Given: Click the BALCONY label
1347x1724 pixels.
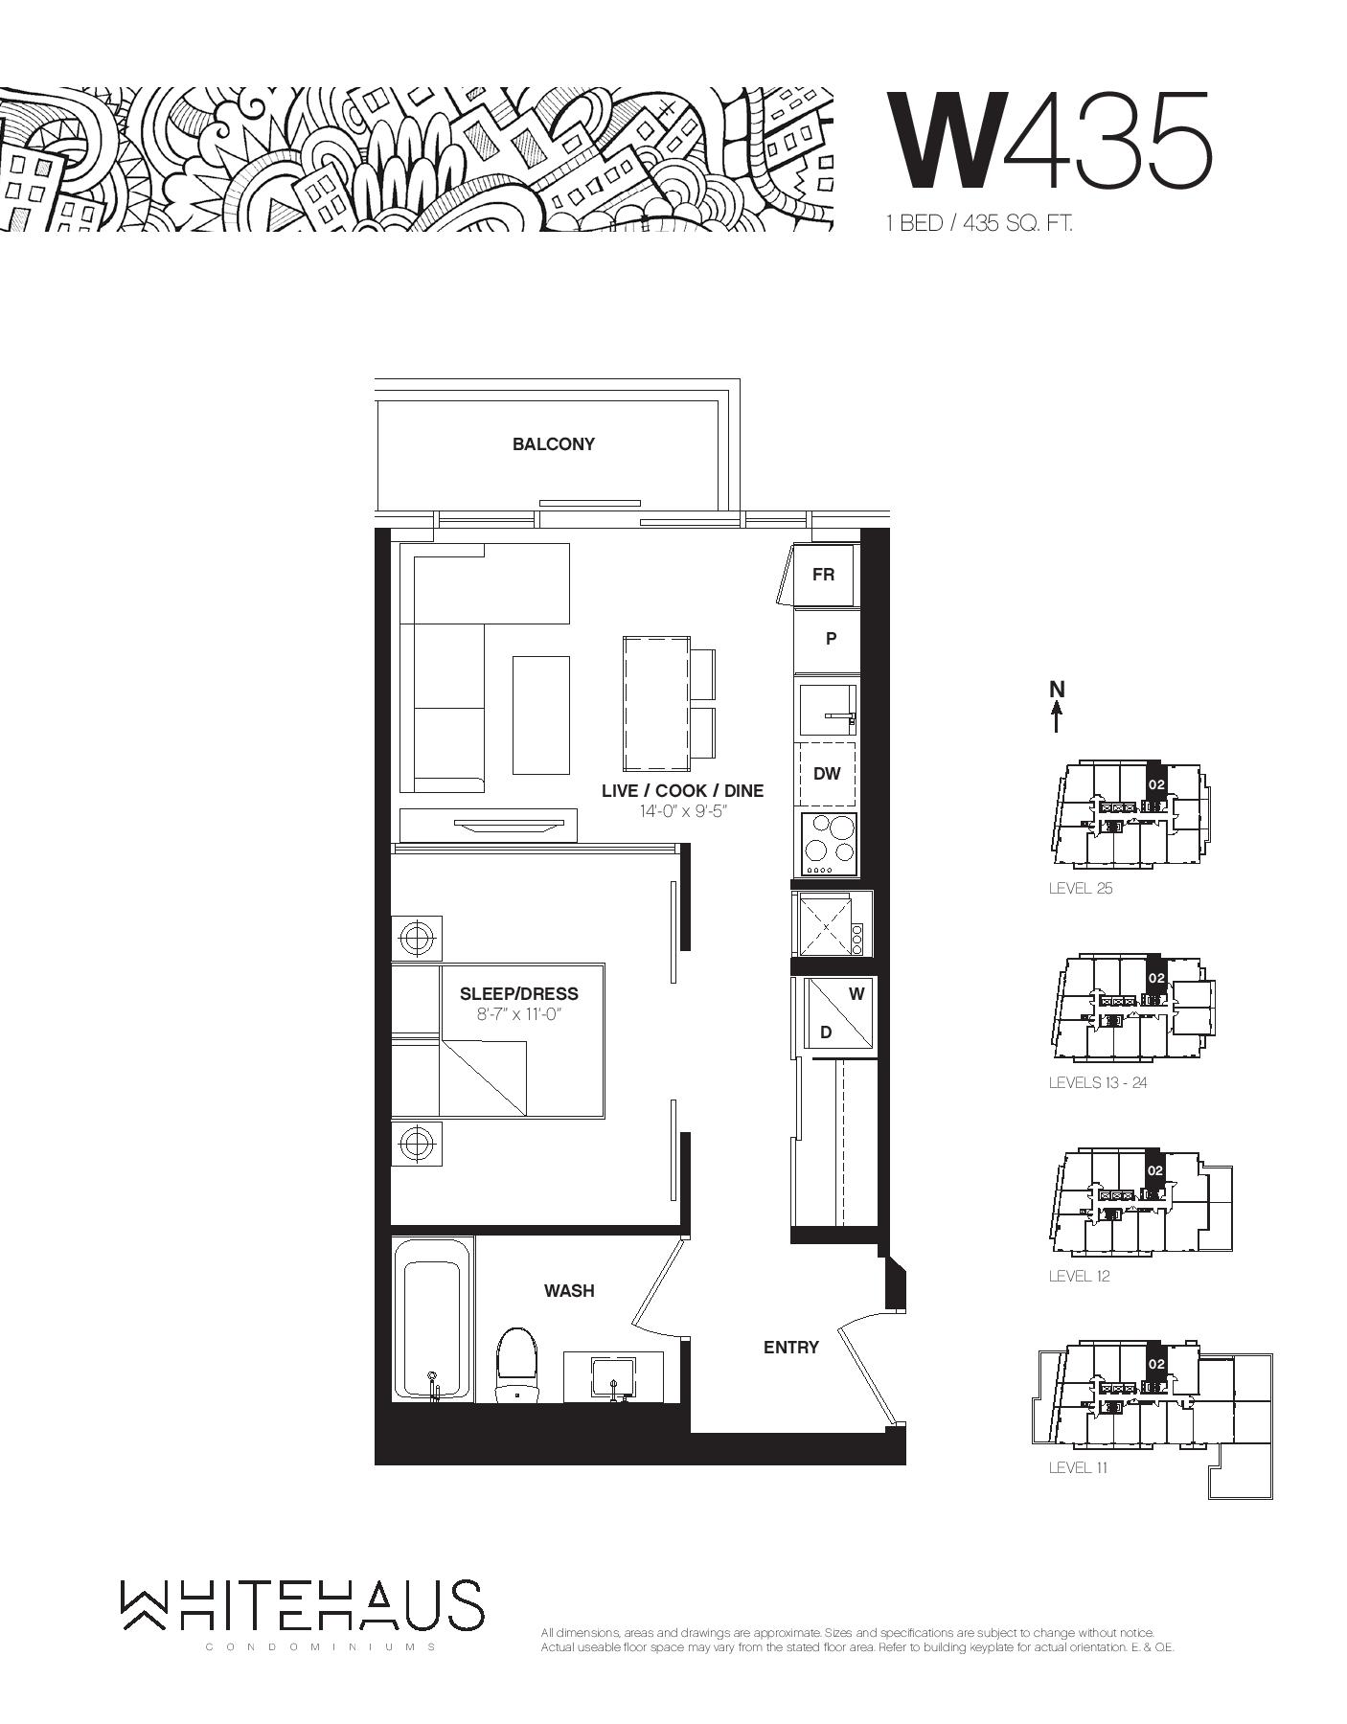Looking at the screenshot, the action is tap(553, 444).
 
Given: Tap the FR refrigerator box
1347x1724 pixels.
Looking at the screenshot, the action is tap(823, 575).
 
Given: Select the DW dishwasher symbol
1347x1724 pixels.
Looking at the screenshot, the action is tap(826, 774).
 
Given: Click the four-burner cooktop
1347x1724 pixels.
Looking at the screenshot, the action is tap(829, 843).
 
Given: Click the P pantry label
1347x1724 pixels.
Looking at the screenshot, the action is tap(831, 639).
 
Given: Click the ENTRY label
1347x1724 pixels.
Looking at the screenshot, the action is tap(790, 1348).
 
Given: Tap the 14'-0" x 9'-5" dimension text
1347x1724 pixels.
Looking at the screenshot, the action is tap(682, 811).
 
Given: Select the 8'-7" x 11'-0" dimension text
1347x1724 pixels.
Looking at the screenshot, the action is tap(518, 1014).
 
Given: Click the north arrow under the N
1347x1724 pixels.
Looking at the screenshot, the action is tap(1057, 716).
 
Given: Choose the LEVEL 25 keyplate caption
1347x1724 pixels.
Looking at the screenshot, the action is tap(1081, 888).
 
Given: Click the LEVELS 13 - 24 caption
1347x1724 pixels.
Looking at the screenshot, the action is tap(1097, 1082).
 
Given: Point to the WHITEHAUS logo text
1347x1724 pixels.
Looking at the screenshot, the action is tap(302, 1604).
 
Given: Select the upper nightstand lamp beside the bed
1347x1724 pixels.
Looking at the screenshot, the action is tap(417, 939).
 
